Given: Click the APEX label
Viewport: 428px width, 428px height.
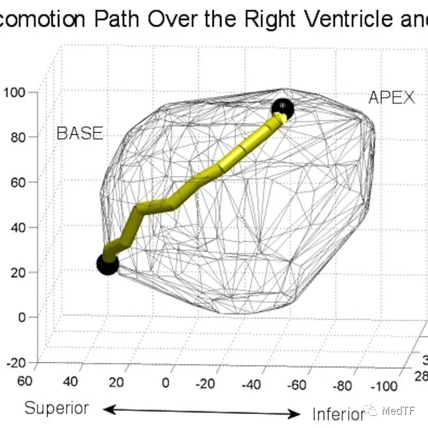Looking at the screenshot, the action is click(392, 98).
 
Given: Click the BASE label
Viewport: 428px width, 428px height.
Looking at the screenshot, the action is click(80, 133).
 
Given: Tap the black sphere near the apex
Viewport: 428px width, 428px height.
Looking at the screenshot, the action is click(283, 109).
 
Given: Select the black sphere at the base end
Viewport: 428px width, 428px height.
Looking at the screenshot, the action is click(108, 264).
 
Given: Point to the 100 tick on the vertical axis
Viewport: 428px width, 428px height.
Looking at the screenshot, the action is click(14, 93).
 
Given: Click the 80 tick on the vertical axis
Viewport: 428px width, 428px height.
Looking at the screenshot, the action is click(18, 137).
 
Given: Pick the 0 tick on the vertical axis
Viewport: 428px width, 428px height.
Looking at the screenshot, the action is click(22, 317).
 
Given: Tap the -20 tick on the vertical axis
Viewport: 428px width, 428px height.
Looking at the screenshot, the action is click(16, 363).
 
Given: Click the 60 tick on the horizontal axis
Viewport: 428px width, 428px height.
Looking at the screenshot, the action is click(25, 381).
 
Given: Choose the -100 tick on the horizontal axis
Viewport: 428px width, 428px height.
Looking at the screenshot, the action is click(384, 386).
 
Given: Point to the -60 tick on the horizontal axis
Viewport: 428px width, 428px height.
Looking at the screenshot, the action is click(297, 385).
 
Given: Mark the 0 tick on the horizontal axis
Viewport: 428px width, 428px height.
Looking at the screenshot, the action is click(165, 383).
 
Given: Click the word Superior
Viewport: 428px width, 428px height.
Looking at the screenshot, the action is click(57, 408).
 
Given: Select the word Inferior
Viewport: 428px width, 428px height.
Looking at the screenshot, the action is click(339, 414).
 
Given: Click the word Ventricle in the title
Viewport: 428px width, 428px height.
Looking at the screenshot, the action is click(349, 19).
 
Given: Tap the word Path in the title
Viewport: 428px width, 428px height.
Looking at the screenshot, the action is click(117, 19).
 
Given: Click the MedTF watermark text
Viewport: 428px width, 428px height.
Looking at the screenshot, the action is click(398, 410).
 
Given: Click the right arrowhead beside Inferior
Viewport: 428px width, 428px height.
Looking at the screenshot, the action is click(294, 414).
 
